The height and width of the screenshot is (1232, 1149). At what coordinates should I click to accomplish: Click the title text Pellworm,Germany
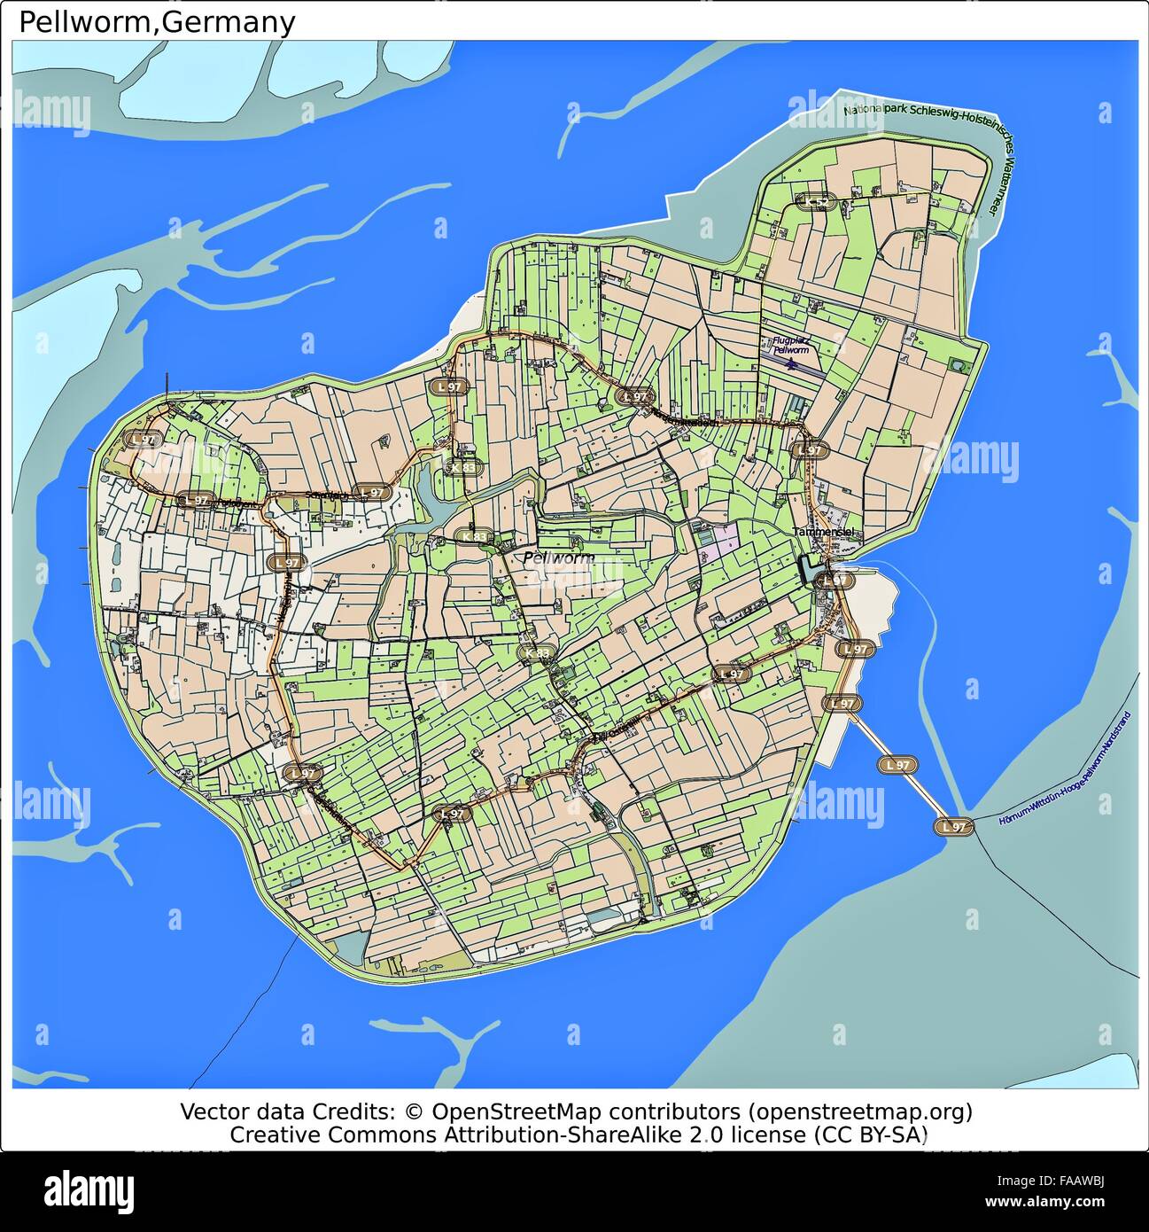tap(157, 21)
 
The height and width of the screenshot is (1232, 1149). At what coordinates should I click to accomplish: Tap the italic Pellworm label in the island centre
tap(558, 558)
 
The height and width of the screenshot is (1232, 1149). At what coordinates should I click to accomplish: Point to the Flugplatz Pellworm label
tap(790, 345)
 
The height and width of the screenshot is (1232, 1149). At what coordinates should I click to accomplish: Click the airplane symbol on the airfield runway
tap(791, 363)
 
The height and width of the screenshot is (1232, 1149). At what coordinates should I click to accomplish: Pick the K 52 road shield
tap(816, 202)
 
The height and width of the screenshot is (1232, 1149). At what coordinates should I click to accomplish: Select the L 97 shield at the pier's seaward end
tap(954, 826)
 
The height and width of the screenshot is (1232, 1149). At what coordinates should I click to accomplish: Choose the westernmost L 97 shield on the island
tap(142, 439)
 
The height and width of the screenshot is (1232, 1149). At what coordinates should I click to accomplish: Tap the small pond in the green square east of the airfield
tap(957, 365)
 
